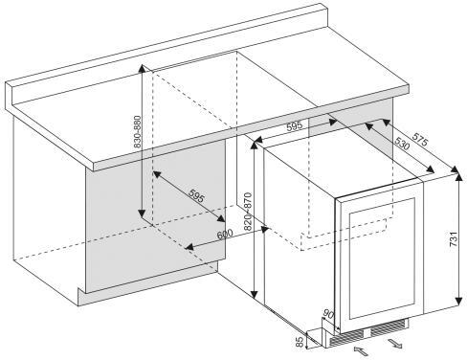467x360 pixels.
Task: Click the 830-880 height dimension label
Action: click(x=137, y=132)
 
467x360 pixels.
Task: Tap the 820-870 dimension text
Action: click(x=248, y=212)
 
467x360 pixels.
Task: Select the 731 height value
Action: click(x=454, y=238)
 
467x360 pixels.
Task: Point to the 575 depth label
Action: click(x=419, y=139)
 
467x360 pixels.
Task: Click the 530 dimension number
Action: click(x=401, y=144)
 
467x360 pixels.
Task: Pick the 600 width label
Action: click(x=225, y=235)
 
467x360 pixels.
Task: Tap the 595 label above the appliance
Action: click(x=294, y=126)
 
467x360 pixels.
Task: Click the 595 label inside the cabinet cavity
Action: click(x=196, y=195)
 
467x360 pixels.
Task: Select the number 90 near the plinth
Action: click(x=328, y=314)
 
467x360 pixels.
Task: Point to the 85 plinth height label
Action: click(x=300, y=342)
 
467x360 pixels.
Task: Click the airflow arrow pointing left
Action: click(x=361, y=351)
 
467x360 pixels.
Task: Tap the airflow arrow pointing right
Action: click(x=394, y=344)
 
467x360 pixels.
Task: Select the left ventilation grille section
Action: click(x=346, y=338)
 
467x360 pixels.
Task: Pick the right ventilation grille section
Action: click(x=389, y=327)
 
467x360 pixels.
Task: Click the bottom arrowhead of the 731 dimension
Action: click(x=458, y=302)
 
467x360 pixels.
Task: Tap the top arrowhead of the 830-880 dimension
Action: click(x=143, y=68)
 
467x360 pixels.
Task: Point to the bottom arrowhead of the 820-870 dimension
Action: click(x=255, y=294)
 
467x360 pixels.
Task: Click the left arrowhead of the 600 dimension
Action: click(x=189, y=247)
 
